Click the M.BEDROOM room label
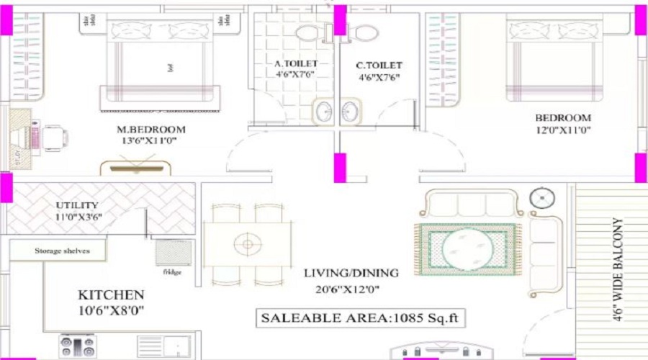151,130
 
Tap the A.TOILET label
296,63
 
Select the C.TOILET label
379,66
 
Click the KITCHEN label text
111,294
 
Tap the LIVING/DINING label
351,273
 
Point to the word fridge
172,271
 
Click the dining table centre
247,245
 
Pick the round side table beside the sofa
541,197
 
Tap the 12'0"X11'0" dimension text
563,130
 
